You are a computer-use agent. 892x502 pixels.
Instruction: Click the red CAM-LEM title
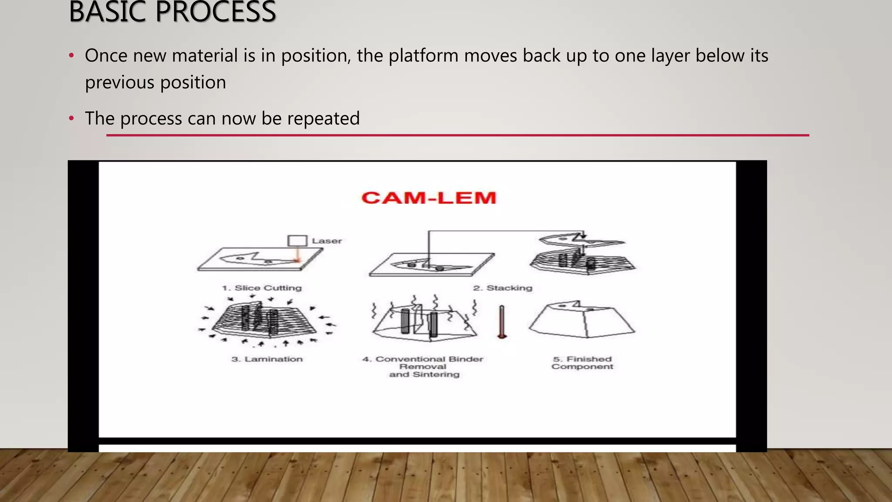(x=429, y=198)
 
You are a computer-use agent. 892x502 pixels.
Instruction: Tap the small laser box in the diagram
(x=297, y=241)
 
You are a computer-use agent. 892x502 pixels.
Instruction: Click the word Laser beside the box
(x=327, y=241)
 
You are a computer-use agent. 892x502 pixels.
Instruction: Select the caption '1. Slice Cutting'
(x=262, y=288)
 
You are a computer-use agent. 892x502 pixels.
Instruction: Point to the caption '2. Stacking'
(x=503, y=288)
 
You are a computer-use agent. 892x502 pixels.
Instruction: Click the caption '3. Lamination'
(x=267, y=359)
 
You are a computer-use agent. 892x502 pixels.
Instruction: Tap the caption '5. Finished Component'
(x=582, y=363)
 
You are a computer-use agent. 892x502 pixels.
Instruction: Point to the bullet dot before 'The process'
(x=71, y=119)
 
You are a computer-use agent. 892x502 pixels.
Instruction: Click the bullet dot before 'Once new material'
(x=71, y=56)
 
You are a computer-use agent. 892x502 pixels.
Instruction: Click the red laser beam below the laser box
(x=297, y=254)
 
